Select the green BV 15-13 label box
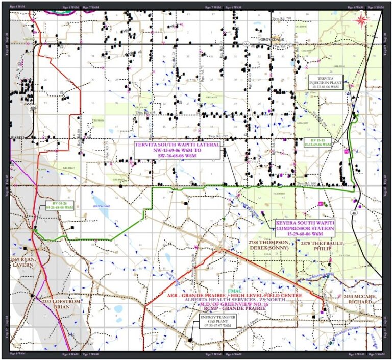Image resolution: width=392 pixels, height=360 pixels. tap(317, 142)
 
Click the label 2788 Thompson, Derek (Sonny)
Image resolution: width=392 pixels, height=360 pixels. tap(269, 245)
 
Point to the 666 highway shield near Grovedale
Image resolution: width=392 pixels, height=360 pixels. tap(246, 44)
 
